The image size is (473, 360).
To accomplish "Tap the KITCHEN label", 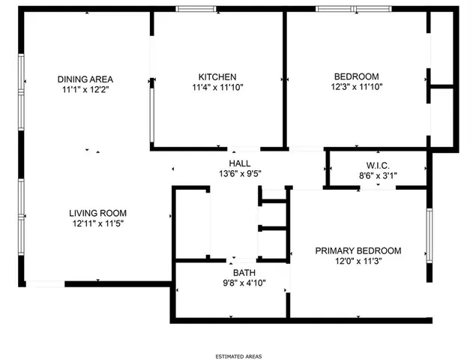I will click(x=217, y=76).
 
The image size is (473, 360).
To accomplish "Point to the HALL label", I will click(x=240, y=163).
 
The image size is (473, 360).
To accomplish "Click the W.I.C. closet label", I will click(x=376, y=166).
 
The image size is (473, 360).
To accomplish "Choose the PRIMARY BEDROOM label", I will click(x=358, y=250).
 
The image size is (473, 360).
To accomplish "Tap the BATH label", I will click(x=244, y=272).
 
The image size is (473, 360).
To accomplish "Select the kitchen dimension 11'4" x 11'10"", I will click(x=217, y=87).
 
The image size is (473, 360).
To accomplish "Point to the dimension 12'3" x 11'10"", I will click(x=356, y=87).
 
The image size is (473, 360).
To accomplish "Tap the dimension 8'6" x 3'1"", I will click(x=376, y=176).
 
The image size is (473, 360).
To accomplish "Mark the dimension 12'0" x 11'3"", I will click(x=358, y=261).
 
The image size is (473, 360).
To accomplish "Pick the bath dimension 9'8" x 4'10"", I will click(x=244, y=283).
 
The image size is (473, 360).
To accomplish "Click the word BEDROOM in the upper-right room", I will click(x=356, y=76).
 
